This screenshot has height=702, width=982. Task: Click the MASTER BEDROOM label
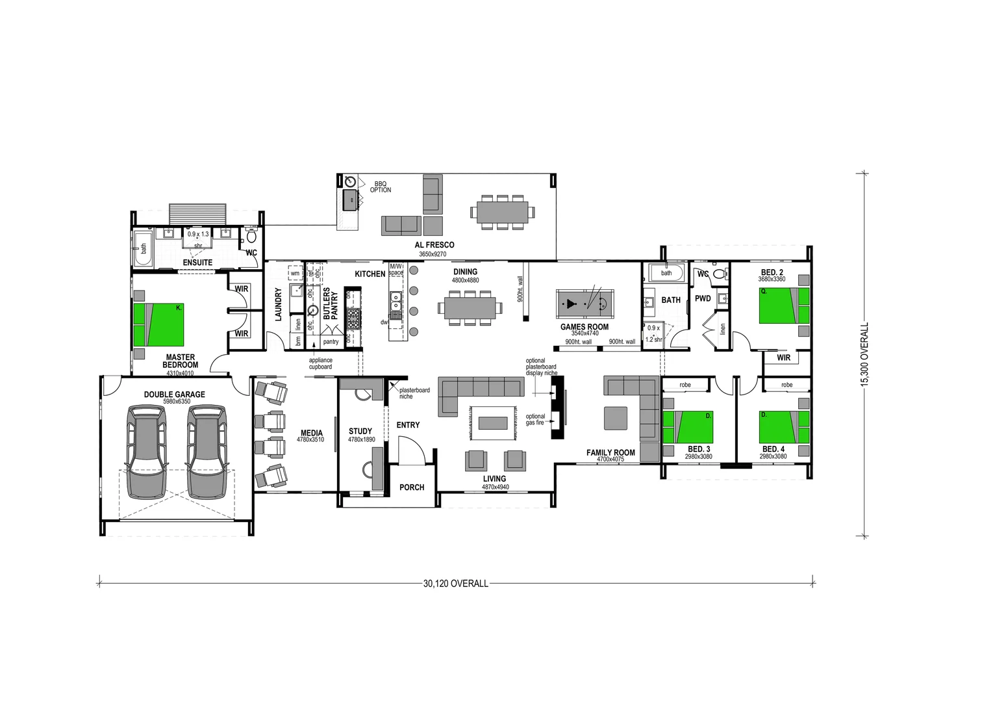point(180,361)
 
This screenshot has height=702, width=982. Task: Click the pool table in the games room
point(584,304)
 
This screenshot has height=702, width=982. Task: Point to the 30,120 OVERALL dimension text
point(455,584)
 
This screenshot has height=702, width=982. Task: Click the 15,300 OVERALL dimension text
point(864,355)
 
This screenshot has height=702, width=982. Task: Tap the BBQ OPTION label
point(381,187)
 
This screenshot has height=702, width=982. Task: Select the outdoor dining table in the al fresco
point(502,212)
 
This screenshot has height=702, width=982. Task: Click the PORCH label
point(412,487)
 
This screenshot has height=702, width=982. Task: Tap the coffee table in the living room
point(493,423)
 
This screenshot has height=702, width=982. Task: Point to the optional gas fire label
point(535,419)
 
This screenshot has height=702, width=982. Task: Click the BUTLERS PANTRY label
point(331,304)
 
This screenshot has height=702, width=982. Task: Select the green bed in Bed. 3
point(688,427)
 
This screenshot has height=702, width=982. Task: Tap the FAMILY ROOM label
point(611,452)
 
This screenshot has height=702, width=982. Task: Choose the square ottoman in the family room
point(615,418)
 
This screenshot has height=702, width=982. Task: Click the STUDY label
point(360,431)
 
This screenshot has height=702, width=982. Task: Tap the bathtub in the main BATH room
point(666,273)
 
